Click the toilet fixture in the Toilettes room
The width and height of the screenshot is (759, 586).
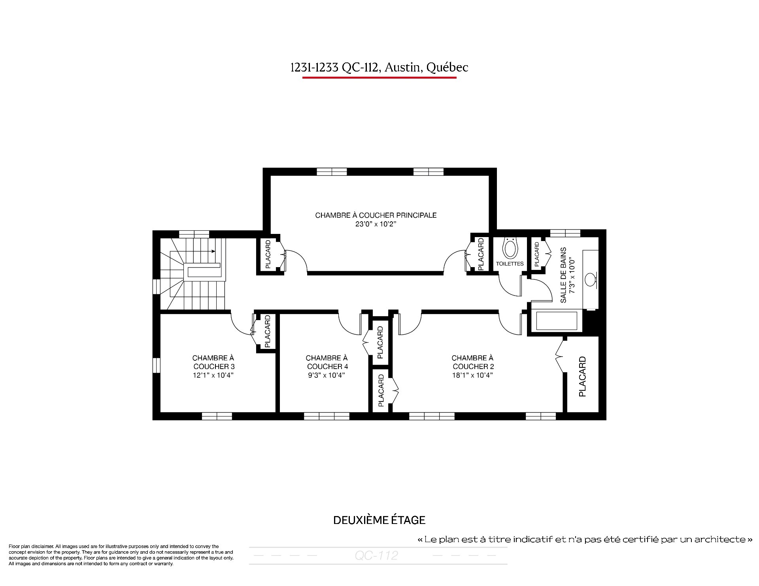tap(510, 247)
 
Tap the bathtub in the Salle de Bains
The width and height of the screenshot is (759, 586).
tap(557, 320)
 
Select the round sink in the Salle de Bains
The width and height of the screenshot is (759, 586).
tap(591, 279)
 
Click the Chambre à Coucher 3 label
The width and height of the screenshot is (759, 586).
tap(213, 362)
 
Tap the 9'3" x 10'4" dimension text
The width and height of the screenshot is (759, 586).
tap(327, 375)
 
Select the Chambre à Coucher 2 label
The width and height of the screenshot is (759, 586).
tap(473, 362)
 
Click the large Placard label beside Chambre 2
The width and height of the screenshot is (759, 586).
tap(582, 377)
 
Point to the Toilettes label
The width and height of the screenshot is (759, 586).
tap(510, 264)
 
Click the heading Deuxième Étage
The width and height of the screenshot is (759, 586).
tap(379, 520)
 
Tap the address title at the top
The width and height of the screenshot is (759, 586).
tap(379, 68)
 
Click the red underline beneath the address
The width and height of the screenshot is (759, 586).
tap(379, 77)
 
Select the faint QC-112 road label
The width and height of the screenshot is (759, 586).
tap(376, 556)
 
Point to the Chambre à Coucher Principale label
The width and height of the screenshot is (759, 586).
tap(376, 215)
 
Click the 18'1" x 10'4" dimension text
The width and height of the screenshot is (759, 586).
tap(472, 375)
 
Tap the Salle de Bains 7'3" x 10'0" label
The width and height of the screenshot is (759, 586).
tap(567, 275)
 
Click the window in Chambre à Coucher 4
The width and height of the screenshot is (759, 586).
tap(327, 416)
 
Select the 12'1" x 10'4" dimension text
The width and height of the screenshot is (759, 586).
tap(213, 375)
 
